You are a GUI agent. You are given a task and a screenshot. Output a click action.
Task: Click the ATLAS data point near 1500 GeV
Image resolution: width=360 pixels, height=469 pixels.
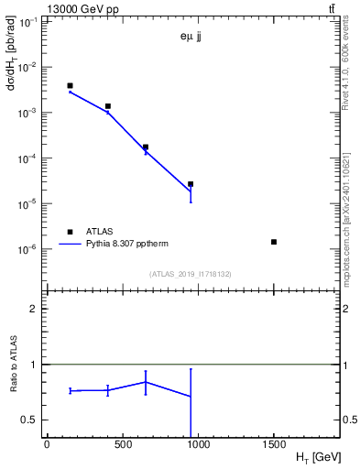coord(274,242)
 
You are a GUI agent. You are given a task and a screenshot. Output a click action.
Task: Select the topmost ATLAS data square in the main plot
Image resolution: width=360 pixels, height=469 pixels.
coord(70,86)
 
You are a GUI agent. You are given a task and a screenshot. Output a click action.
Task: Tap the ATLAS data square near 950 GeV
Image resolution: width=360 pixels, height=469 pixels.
coord(191,184)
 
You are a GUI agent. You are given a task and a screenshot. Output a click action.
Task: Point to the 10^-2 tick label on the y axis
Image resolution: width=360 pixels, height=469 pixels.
coord(28,67)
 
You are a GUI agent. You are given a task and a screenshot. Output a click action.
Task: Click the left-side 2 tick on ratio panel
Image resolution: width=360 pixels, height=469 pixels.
coord(32,309)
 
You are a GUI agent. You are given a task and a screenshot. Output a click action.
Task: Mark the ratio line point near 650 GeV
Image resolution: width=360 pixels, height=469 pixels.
coord(145,382)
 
